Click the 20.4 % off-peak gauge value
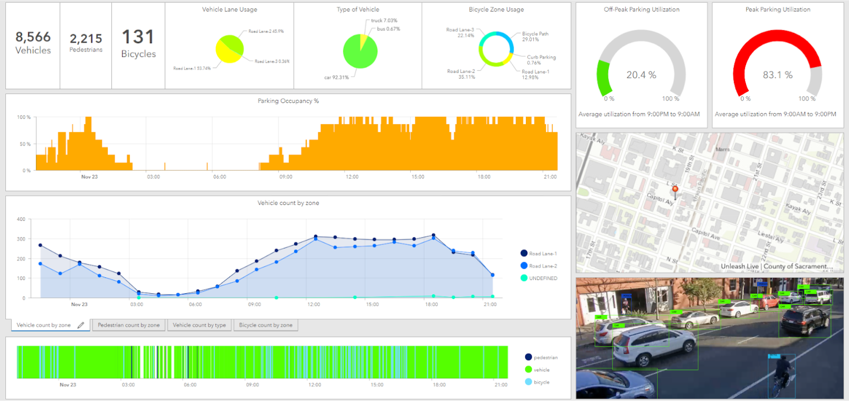(x=641, y=75)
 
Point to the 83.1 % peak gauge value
(x=777, y=75)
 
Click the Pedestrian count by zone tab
(x=128, y=325)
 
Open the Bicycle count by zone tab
(x=265, y=325)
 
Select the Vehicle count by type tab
(x=199, y=325)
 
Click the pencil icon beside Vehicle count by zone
(x=81, y=325)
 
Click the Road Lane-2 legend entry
(x=542, y=266)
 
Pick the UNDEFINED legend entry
(x=542, y=278)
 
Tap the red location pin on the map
(x=675, y=189)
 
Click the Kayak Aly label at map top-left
(x=593, y=139)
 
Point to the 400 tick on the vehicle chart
(x=21, y=219)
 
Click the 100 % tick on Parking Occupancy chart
(x=23, y=117)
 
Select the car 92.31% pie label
(x=336, y=78)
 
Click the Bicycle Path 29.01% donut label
(x=535, y=36)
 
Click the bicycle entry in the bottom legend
(x=541, y=382)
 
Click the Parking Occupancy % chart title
(x=288, y=101)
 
